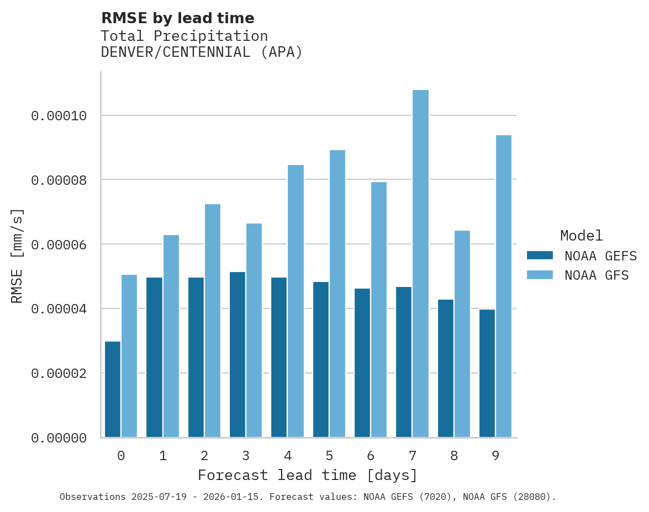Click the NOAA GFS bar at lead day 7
click(x=420, y=264)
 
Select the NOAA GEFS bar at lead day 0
click(x=113, y=390)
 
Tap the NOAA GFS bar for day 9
click(x=504, y=286)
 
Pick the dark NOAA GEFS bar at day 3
click(x=238, y=355)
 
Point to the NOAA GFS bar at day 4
click(x=296, y=301)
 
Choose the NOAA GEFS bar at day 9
click(x=487, y=374)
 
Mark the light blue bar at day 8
click(x=462, y=334)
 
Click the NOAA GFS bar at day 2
click(x=213, y=321)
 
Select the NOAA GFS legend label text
click(x=597, y=275)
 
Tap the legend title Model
click(x=581, y=236)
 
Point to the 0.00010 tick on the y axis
click(x=59, y=116)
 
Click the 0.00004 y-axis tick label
click(x=59, y=309)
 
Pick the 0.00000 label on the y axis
click(x=59, y=438)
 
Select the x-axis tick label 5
click(x=329, y=456)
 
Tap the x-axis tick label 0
click(x=121, y=456)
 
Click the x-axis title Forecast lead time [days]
click(x=308, y=475)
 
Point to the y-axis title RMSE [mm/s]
click(x=18, y=256)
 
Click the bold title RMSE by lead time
click(x=178, y=18)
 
